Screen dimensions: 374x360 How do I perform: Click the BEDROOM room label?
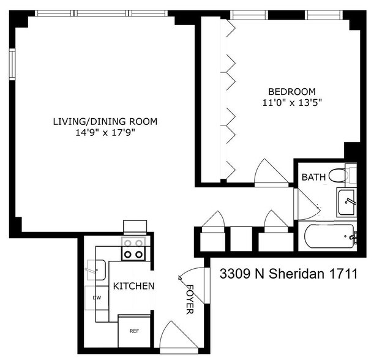click(292, 92)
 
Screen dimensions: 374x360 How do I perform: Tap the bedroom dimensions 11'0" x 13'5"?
click(292, 103)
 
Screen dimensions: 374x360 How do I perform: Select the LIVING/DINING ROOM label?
click(105, 121)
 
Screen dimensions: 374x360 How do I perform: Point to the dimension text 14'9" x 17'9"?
click(105, 132)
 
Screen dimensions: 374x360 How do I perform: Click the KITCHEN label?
click(133, 286)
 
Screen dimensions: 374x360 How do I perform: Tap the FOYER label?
click(190, 299)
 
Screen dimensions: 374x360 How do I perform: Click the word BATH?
click(313, 177)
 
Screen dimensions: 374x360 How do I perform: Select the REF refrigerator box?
click(134, 331)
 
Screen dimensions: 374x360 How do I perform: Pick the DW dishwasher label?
click(97, 298)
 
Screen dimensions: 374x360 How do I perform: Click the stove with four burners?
click(133, 249)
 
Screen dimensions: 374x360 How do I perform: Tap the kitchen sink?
click(96, 270)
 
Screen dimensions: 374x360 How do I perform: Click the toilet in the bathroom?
click(343, 175)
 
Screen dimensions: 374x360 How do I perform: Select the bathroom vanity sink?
click(346, 202)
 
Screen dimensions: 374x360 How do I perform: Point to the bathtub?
click(330, 236)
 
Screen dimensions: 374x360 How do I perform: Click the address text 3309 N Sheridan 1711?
click(288, 274)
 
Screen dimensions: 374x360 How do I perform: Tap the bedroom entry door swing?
click(271, 173)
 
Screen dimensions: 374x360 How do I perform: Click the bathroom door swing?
click(307, 204)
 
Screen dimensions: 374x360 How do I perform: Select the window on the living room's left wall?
click(12, 64)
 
